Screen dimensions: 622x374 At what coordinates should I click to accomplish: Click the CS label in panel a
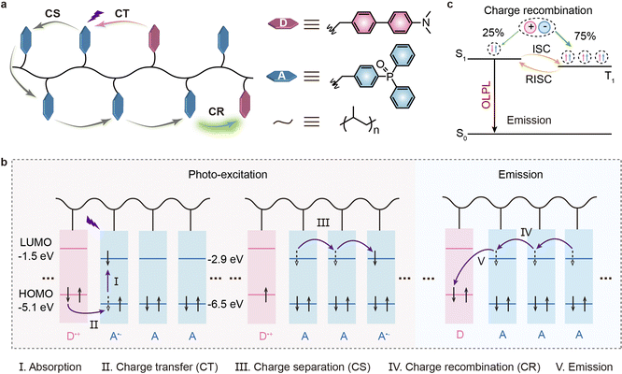coord(52,13)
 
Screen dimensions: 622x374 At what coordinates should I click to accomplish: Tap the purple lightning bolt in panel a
coord(95,16)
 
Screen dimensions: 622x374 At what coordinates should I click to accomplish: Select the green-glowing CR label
coord(216,112)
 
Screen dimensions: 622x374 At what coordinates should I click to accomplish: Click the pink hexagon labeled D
coord(283,23)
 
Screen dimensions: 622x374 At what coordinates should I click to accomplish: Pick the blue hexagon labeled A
coord(282,76)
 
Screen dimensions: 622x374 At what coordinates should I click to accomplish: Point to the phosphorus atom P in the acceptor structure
coord(389,77)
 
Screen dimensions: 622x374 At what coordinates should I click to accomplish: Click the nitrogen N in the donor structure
coord(426,22)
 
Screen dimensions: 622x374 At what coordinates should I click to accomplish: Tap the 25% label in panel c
coord(493,34)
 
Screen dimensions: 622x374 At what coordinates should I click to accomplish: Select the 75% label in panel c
coord(585,36)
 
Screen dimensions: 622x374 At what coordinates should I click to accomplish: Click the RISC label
coord(538,79)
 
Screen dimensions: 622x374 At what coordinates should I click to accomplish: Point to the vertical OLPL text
coord(487,95)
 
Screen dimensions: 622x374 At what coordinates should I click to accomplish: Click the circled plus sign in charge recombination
coord(530,27)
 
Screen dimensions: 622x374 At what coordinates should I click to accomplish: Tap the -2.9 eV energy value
coord(225,259)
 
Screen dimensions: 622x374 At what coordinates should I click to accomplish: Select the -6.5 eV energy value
coord(225,304)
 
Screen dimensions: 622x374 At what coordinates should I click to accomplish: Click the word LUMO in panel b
coord(35,242)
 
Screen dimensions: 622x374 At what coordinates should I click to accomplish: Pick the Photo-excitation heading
coord(228,175)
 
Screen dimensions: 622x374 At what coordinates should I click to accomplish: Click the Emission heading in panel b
coord(520,175)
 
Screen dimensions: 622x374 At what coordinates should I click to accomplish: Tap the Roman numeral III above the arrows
coord(323,223)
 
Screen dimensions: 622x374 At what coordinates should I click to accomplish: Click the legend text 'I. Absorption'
coord(50,367)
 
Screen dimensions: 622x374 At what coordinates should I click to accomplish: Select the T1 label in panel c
coord(610,77)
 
